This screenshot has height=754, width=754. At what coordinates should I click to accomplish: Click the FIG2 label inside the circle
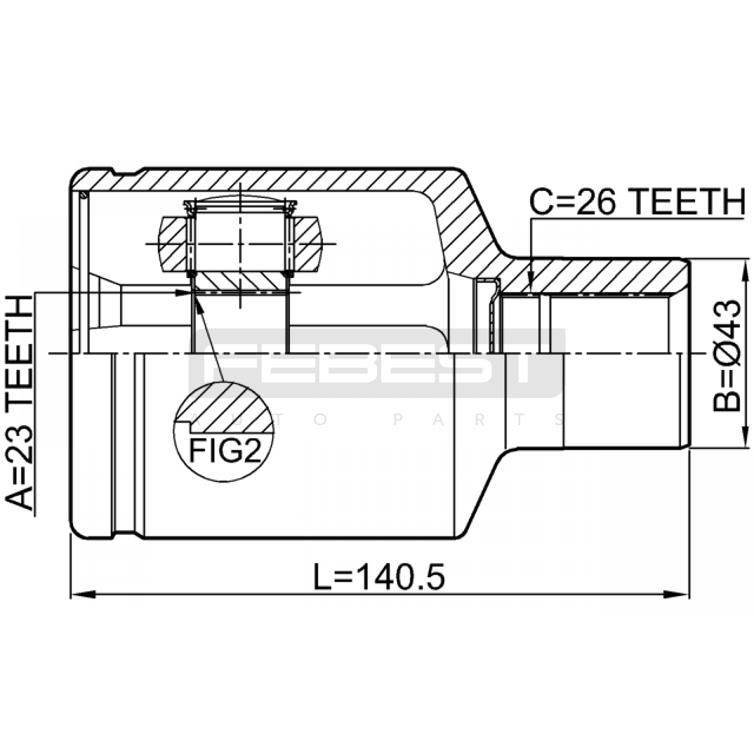coord(225,451)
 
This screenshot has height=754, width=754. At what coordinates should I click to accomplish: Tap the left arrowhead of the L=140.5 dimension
coord(83,594)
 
